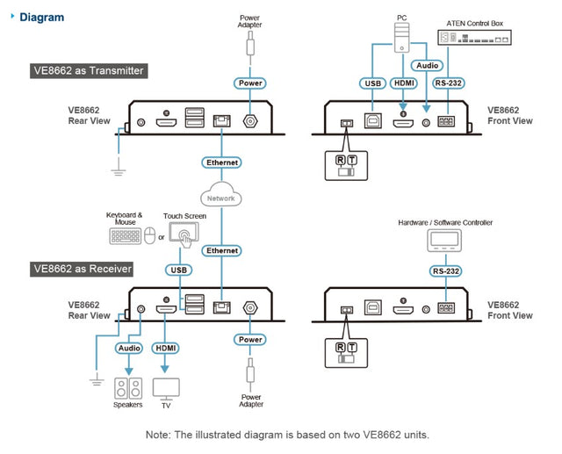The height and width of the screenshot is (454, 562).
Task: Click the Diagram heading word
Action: [41, 17]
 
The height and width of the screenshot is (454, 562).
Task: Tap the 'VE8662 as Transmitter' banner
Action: [88, 70]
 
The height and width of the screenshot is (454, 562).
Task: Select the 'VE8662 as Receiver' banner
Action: [82, 269]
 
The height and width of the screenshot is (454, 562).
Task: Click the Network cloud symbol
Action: [221, 197]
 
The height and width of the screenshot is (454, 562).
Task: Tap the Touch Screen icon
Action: [184, 235]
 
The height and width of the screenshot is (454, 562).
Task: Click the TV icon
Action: [166, 388]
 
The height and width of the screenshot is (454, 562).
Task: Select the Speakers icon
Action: [128, 388]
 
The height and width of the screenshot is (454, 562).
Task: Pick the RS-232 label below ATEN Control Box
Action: [448, 84]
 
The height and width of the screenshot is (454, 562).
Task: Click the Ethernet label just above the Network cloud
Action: [221, 162]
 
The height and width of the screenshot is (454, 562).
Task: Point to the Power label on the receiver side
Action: [249, 339]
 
